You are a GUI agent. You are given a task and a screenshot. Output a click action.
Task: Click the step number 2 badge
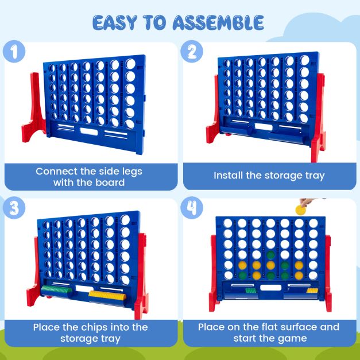coord(192,52)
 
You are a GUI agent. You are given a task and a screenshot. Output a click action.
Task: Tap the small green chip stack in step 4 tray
coord(251,291)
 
